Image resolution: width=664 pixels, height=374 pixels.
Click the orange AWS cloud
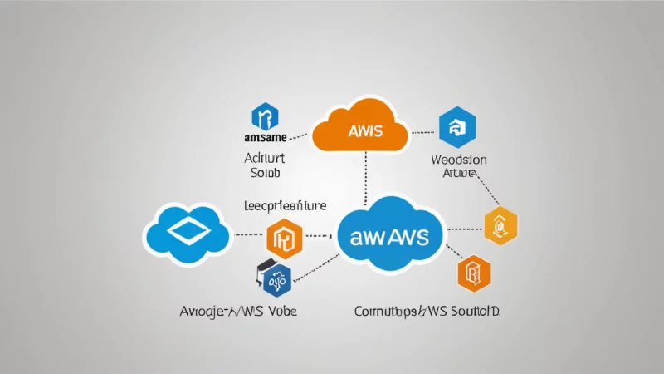point(360,130)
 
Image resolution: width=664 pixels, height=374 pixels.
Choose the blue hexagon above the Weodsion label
point(456,126)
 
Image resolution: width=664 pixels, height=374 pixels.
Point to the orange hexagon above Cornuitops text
point(474,273)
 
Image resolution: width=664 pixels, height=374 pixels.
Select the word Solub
point(266,173)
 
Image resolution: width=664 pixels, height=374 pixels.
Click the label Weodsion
point(459,158)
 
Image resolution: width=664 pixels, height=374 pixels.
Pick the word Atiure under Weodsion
point(459,173)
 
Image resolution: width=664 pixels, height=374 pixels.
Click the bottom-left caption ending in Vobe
point(238,311)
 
